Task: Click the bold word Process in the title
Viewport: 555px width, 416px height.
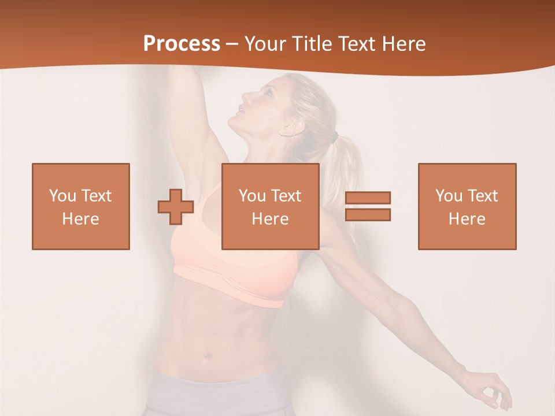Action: point(182,44)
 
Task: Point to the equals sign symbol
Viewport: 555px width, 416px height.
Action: point(368,206)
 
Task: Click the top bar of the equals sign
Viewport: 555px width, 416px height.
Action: point(368,198)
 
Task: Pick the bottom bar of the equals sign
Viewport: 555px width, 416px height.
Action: point(368,214)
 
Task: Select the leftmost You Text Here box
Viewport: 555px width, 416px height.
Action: point(81,206)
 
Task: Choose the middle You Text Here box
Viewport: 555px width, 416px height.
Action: point(271,206)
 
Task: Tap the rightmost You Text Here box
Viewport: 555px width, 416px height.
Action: point(467,206)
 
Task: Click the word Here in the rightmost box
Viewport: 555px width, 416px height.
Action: point(467,219)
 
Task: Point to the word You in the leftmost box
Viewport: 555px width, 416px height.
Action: point(62,195)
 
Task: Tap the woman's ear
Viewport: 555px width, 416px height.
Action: point(287,128)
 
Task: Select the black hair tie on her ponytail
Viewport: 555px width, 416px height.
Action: point(335,138)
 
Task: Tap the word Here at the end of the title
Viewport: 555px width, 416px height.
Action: point(404,44)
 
